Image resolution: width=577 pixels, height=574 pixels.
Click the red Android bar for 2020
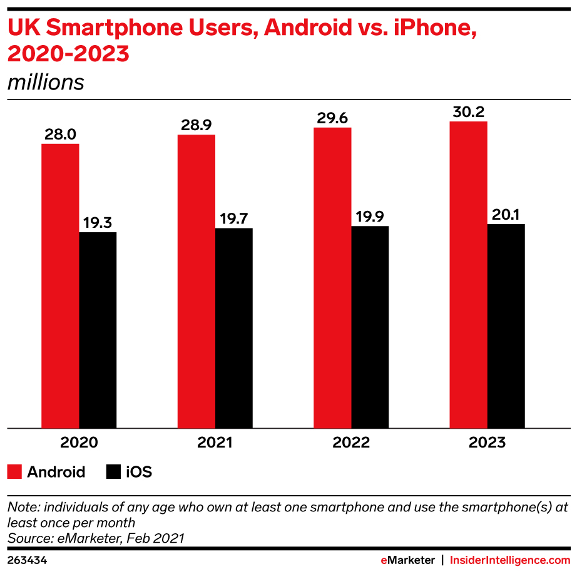60,286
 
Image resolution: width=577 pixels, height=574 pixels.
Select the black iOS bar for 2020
98,330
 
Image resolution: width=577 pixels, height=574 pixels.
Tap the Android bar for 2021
196,282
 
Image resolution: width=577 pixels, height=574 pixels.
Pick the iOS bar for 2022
370,327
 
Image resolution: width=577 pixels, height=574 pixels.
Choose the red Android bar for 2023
468,275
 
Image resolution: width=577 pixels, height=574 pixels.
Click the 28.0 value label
61,135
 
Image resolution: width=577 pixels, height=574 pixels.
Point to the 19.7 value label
234,218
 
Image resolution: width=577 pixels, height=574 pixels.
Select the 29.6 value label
332,118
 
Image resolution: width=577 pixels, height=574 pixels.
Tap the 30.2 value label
468,112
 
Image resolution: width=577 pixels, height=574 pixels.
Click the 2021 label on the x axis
215,443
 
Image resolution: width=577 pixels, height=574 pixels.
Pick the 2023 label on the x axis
487,443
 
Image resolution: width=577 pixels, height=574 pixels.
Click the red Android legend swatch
14,472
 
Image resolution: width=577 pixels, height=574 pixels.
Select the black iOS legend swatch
113,472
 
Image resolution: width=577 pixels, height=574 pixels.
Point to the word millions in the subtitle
46,83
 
